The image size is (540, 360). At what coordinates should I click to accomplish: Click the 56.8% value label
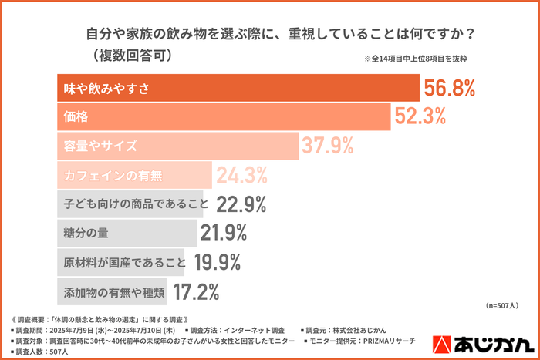pos(460,89)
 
